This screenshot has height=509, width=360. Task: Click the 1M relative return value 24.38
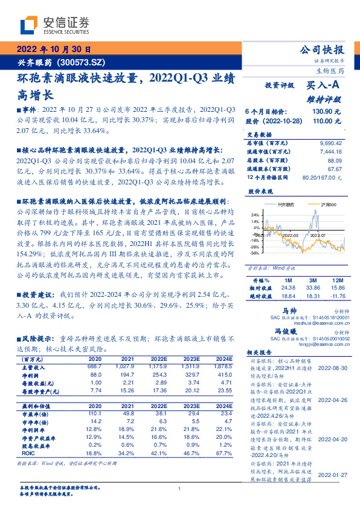[x=289, y=288]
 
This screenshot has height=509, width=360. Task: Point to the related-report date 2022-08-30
[x=332, y=368]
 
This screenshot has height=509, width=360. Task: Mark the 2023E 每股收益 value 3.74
[x=191, y=383]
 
